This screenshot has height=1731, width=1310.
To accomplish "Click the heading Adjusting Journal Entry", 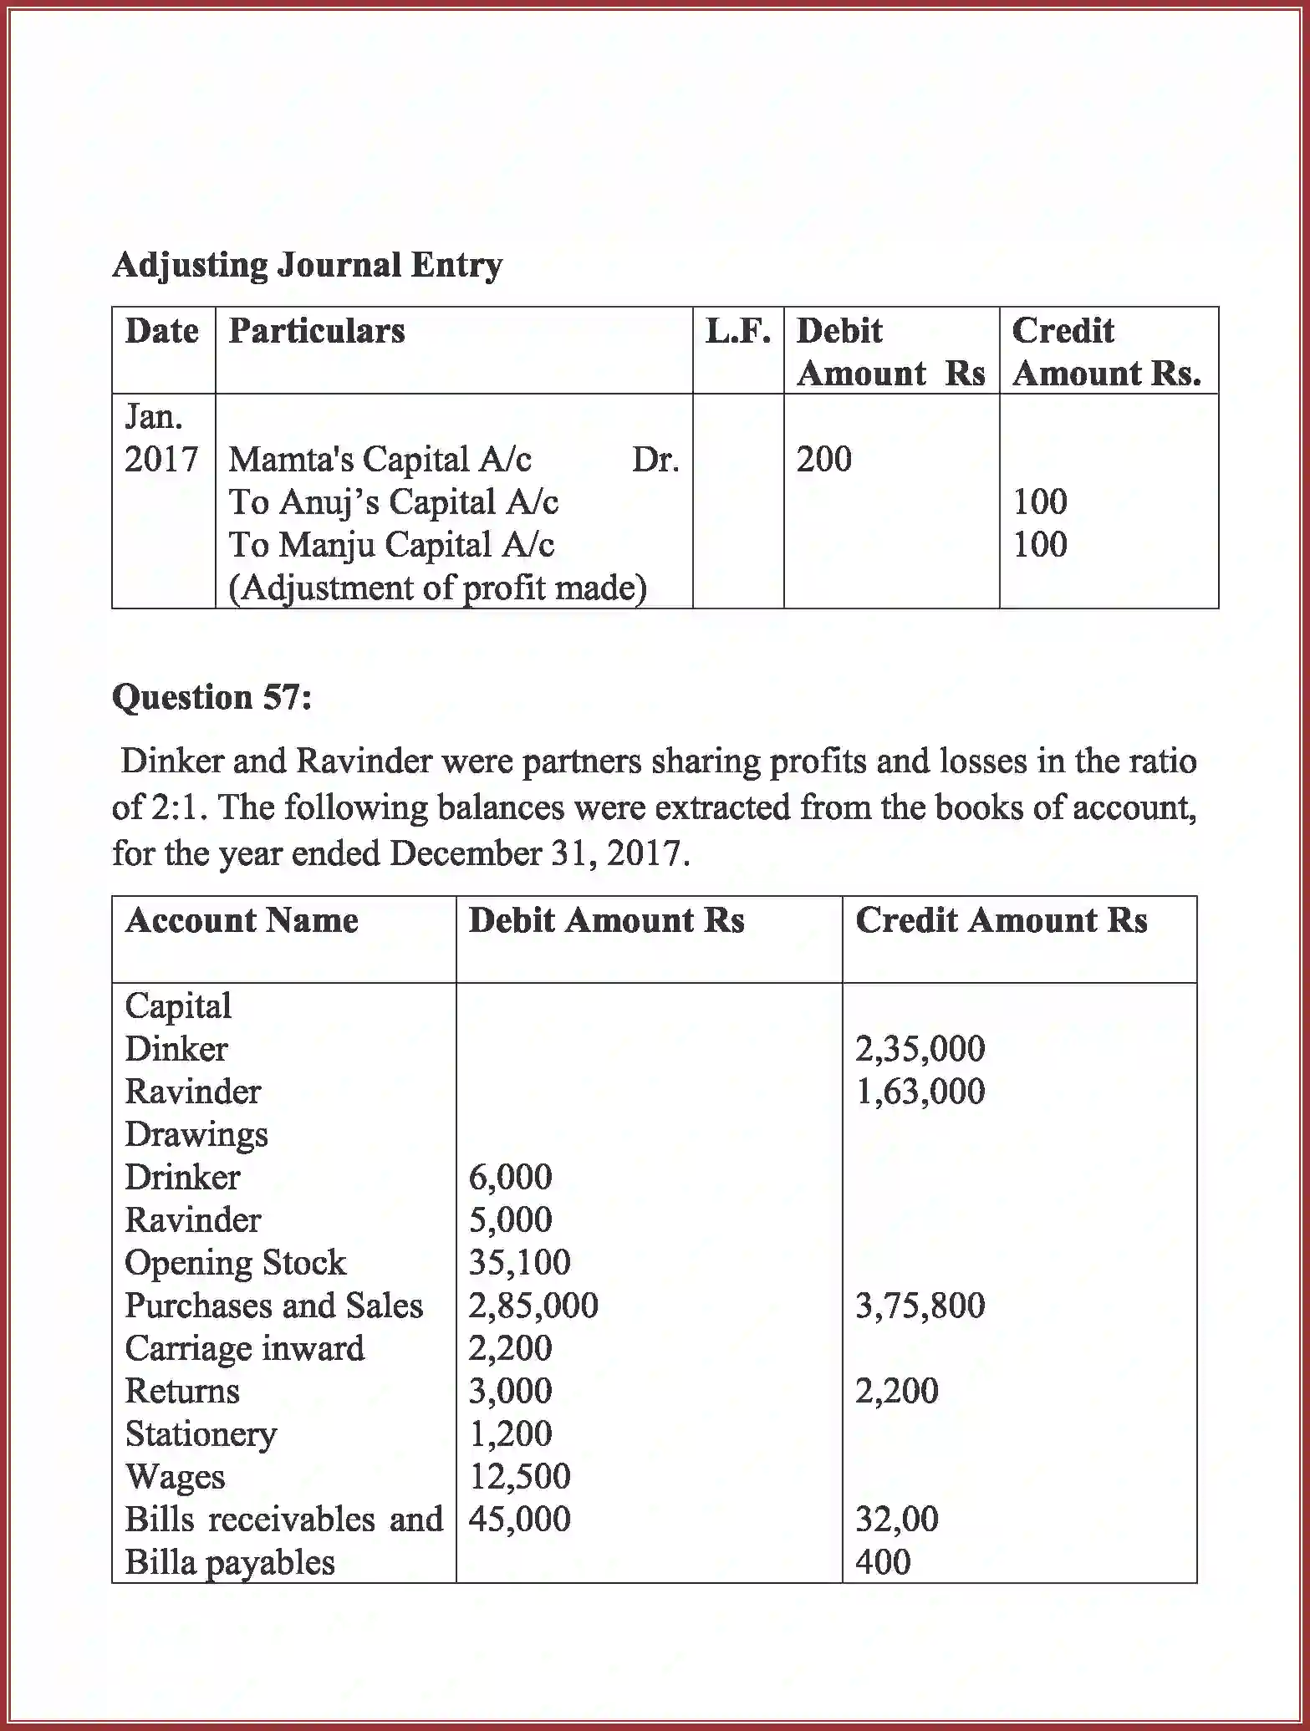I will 307,265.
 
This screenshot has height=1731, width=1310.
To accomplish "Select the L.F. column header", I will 737,331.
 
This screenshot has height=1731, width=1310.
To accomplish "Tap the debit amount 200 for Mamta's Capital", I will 823,459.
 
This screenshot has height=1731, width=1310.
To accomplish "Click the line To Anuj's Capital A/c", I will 393,502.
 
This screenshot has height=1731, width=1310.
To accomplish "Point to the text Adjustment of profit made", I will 437,588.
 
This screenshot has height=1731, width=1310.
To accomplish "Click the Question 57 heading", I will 212,696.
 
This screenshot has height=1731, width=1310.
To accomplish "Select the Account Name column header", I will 242,920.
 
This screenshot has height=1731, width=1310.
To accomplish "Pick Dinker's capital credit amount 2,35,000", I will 920,1049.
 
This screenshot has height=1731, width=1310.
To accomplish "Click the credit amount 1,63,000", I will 920,1092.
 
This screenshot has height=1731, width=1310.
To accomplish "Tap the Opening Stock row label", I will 235,1263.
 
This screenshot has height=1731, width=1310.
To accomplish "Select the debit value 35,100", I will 519,1262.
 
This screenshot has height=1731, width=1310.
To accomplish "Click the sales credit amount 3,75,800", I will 920,1306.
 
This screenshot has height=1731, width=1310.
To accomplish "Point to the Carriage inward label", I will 244,1348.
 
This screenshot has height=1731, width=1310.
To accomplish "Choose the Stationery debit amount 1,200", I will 510,1434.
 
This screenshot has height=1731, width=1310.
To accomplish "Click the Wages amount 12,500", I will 519,1477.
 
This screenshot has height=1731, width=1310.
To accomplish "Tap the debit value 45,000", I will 519,1520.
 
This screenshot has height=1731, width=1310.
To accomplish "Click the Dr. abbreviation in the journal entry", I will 655,460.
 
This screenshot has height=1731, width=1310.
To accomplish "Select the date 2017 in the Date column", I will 161,460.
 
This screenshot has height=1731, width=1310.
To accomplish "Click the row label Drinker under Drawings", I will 182,1178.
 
